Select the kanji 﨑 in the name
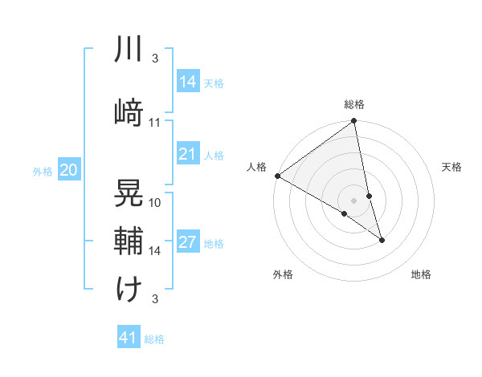[129, 112]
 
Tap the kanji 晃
[129, 193]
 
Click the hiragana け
[129, 289]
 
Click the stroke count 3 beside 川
[154, 59]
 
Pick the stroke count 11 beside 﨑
[155, 123]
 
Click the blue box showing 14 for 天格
[188, 82]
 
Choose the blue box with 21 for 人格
[188, 154]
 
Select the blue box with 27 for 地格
[188, 243]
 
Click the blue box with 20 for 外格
[69, 170]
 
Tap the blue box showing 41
[129, 338]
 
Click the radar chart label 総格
[354, 104]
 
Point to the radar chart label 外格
[283, 274]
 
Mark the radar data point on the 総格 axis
[354, 122]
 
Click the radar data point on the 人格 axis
[277, 176]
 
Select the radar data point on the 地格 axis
[382, 240]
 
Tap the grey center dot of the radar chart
[354, 201]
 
